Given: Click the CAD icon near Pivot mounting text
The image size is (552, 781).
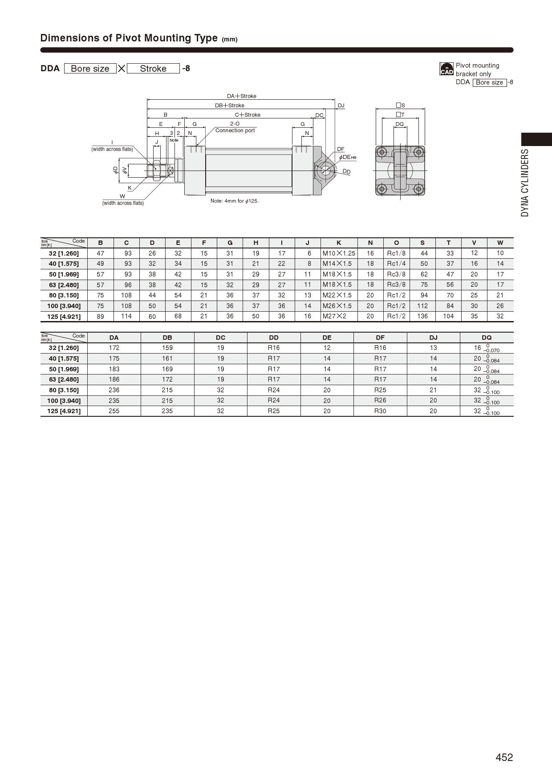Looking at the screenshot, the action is coord(446,69).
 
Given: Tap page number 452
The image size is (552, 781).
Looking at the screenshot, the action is coord(504,757).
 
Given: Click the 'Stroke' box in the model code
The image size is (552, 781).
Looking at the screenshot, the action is coord(153,69).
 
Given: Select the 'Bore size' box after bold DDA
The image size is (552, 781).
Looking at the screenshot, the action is coord(90,69).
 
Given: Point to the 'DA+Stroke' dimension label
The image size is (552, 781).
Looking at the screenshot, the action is coord(242,96).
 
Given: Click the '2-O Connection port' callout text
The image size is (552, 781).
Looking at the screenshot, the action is coord(235,127).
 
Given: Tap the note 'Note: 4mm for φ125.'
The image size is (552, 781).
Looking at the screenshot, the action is coord(235,201).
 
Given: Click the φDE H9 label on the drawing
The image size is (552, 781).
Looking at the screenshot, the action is coord(347,157).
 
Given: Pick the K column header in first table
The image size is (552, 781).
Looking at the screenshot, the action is coord(339,243).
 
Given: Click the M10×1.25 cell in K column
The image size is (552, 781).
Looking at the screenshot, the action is coord(339,253).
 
